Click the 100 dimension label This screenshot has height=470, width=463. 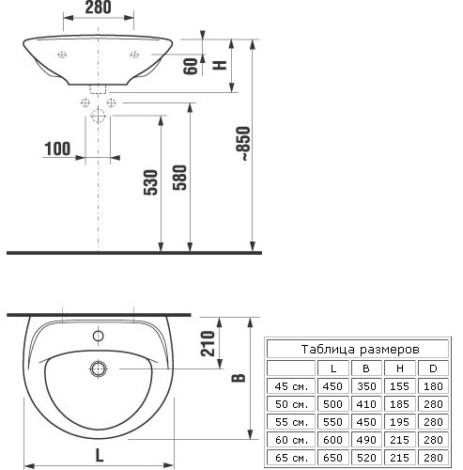[57, 149]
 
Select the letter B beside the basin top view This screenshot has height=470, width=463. [239, 377]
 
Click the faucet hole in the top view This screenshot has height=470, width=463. [98, 336]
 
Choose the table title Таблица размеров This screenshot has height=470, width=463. [359, 348]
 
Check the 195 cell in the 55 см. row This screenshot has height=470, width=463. [399, 420]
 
